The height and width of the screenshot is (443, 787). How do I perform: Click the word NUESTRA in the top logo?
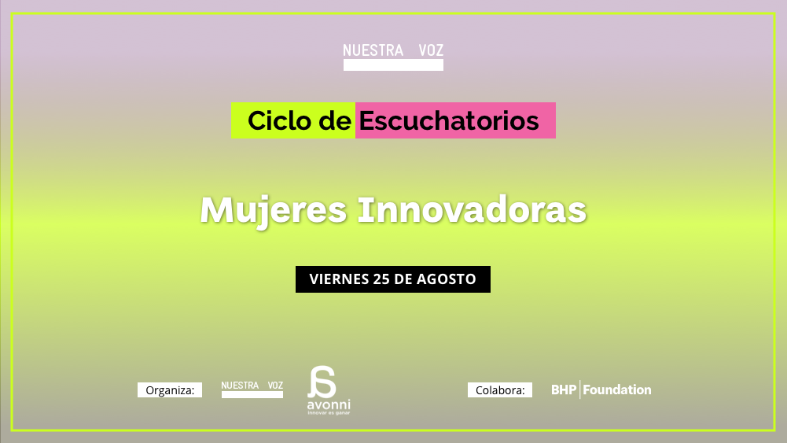[373, 50]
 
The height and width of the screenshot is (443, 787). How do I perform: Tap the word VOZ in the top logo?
[431, 50]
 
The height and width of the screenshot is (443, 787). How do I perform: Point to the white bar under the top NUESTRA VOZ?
[393, 65]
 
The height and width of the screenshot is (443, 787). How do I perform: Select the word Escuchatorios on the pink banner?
[449, 121]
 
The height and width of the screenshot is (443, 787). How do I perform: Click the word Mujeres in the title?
[274, 210]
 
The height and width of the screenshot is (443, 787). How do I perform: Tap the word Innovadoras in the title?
[472, 210]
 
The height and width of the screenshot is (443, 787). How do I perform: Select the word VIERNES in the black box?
[340, 279]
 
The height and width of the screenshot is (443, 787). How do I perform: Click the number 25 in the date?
[381, 279]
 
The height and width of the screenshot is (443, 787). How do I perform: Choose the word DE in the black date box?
[403, 279]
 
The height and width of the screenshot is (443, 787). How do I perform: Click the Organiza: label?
[170, 390]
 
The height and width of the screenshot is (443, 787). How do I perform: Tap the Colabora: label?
[500, 390]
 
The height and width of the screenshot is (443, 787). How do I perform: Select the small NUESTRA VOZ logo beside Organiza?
[252, 389]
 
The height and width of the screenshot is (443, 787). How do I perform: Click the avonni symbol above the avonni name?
[322, 382]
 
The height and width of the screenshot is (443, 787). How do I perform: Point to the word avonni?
[329, 404]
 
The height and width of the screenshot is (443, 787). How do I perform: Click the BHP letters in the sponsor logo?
[564, 389]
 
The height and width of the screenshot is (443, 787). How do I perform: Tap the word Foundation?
[617, 389]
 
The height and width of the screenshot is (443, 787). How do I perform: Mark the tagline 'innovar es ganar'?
[329, 413]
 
